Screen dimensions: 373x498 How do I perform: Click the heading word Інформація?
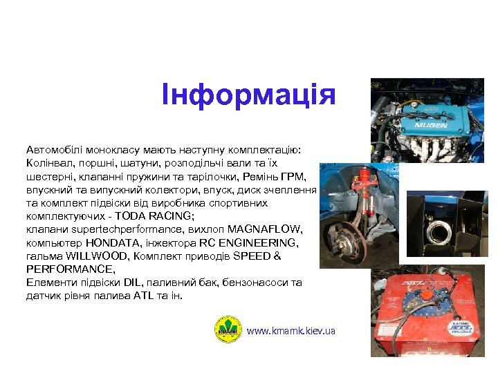(x=248, y=95)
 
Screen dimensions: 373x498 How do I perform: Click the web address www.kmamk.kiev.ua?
(x=290, y=331)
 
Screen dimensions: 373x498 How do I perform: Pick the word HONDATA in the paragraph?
(x=112, y=242)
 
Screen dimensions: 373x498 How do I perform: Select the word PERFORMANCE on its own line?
(x=68, y=269)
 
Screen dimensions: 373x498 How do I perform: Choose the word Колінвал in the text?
(x=47, y=164)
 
